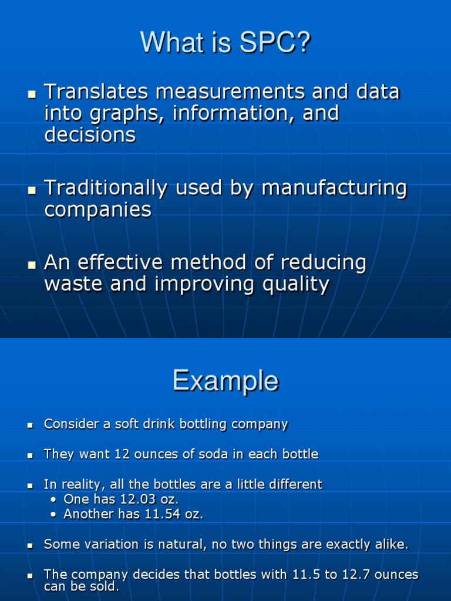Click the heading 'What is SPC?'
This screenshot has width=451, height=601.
225,43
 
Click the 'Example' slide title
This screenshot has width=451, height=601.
225,381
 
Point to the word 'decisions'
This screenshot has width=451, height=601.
90,134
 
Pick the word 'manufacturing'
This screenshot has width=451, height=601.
334,188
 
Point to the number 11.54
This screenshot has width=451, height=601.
166,514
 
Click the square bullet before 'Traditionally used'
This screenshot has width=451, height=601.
32,190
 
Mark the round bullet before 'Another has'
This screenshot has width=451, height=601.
54,515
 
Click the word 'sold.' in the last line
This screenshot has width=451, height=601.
106,586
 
